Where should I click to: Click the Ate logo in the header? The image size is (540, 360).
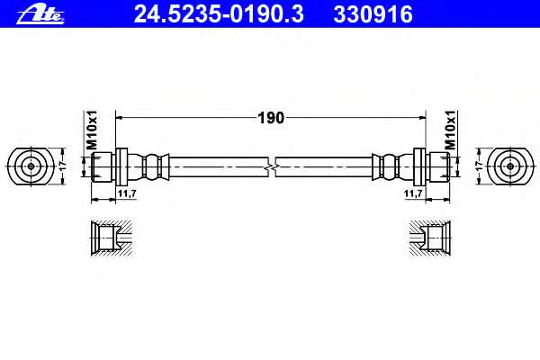[40, 14]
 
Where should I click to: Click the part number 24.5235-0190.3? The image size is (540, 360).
[219, 14]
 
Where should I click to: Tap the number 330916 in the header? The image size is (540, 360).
[373, 14]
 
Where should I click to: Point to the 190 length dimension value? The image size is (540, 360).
[271, 118]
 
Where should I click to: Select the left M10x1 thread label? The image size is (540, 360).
[92, 130]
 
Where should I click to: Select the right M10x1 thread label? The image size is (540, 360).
[450, 130]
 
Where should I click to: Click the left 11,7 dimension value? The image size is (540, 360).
[127, 193]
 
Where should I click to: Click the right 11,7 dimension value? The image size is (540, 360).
[413, 193]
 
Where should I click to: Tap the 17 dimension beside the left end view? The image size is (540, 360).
[63, 166]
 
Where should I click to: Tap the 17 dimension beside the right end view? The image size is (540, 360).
[479, 166]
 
